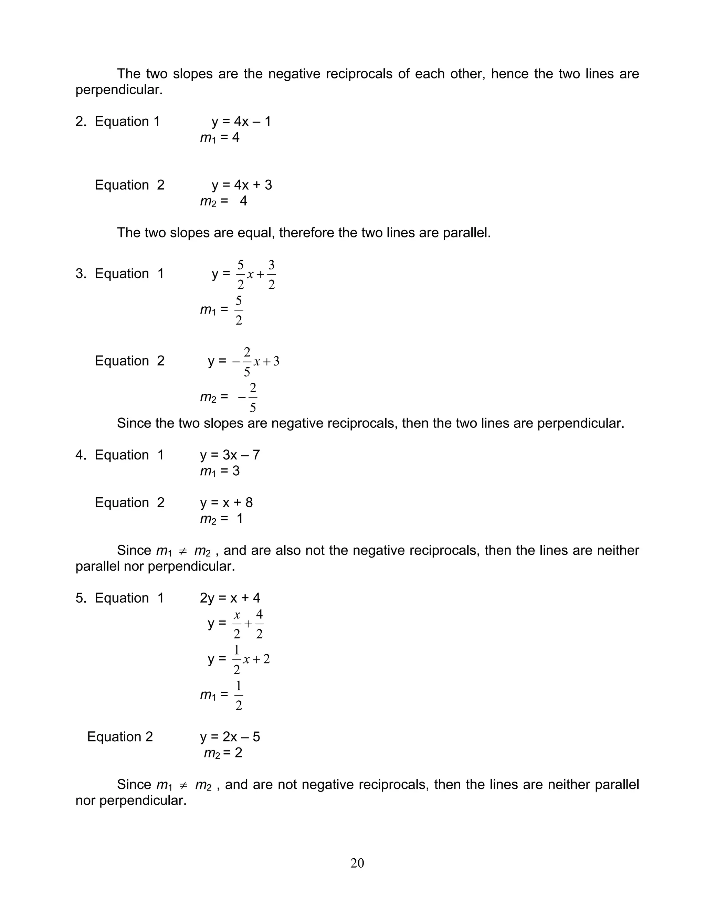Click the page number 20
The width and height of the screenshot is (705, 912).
point(357,863)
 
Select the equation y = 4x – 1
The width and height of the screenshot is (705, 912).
point(241,121)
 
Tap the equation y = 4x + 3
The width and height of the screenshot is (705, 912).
point(242,185)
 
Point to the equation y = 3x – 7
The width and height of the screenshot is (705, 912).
point(230,455)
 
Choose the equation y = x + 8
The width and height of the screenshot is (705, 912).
point(227,502)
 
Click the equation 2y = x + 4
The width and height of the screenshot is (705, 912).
point(230,598)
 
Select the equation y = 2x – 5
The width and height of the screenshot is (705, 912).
point(230,736)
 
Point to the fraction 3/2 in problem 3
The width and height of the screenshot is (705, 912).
point(272,275)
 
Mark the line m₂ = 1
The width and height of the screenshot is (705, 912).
point(221,519)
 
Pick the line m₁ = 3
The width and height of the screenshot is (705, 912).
point(220,471)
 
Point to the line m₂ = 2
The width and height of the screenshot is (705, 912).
point(223,753)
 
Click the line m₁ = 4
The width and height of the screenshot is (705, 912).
point(220,137)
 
